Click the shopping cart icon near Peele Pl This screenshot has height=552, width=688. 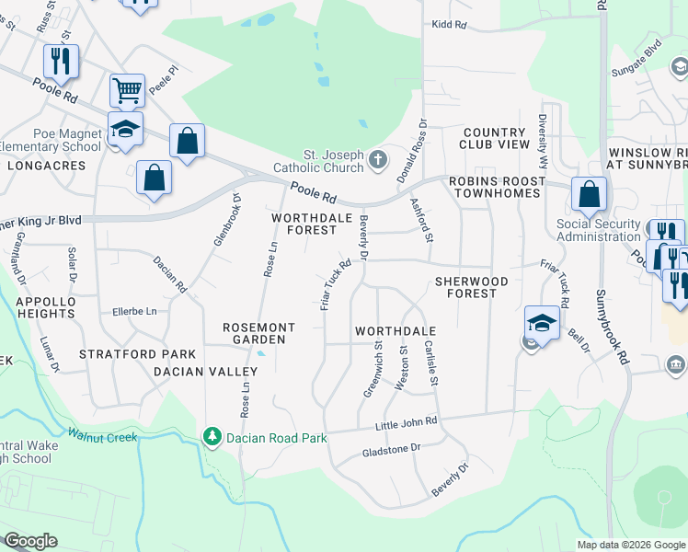pos(127,90)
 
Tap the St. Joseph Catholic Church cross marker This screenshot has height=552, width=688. pos(377,162)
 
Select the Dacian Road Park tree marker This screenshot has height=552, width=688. pos(212,435)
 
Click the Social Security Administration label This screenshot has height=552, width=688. pos(598,230)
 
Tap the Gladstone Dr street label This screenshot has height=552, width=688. pos(391,448)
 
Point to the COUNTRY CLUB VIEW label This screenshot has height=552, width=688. pos(497,138)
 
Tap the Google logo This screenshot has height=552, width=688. pos(30,541)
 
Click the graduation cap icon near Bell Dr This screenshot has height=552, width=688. pos(542,323)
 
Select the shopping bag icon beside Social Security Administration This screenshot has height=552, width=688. pos(589,194)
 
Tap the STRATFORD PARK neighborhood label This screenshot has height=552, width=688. pos(137,353)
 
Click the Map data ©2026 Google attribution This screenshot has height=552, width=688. pos(631,545)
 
